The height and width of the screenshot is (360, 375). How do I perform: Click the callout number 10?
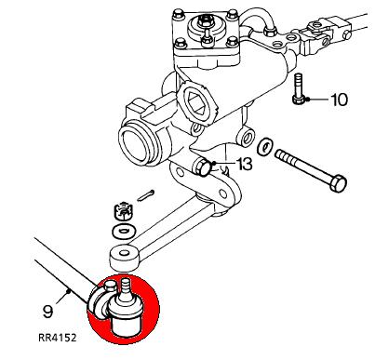(340, 100)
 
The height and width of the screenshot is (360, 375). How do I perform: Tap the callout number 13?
(245, 164)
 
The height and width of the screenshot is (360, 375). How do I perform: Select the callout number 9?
(47, 312)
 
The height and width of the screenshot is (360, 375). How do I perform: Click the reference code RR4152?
(57, 338)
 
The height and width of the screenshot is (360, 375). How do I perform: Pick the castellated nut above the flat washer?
(123, 211)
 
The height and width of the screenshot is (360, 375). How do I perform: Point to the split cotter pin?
(146, 195)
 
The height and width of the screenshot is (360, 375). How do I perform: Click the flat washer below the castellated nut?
(123, 231)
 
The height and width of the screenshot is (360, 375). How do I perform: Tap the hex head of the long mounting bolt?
(338, 183)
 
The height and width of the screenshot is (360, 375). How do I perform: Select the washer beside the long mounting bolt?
(264, 146)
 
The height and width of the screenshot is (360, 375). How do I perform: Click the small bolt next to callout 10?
(298, 89)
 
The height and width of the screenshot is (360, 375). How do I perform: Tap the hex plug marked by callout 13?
(203, 167)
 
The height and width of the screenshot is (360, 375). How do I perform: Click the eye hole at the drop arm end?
(125, 253)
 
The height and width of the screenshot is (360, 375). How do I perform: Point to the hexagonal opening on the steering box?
(197, 102)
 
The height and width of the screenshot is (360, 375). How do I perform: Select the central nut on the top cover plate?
(205, 21)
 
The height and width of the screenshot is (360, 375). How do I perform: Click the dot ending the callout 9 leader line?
(69, 291)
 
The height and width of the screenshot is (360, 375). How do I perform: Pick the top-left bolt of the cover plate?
(179, 14)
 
